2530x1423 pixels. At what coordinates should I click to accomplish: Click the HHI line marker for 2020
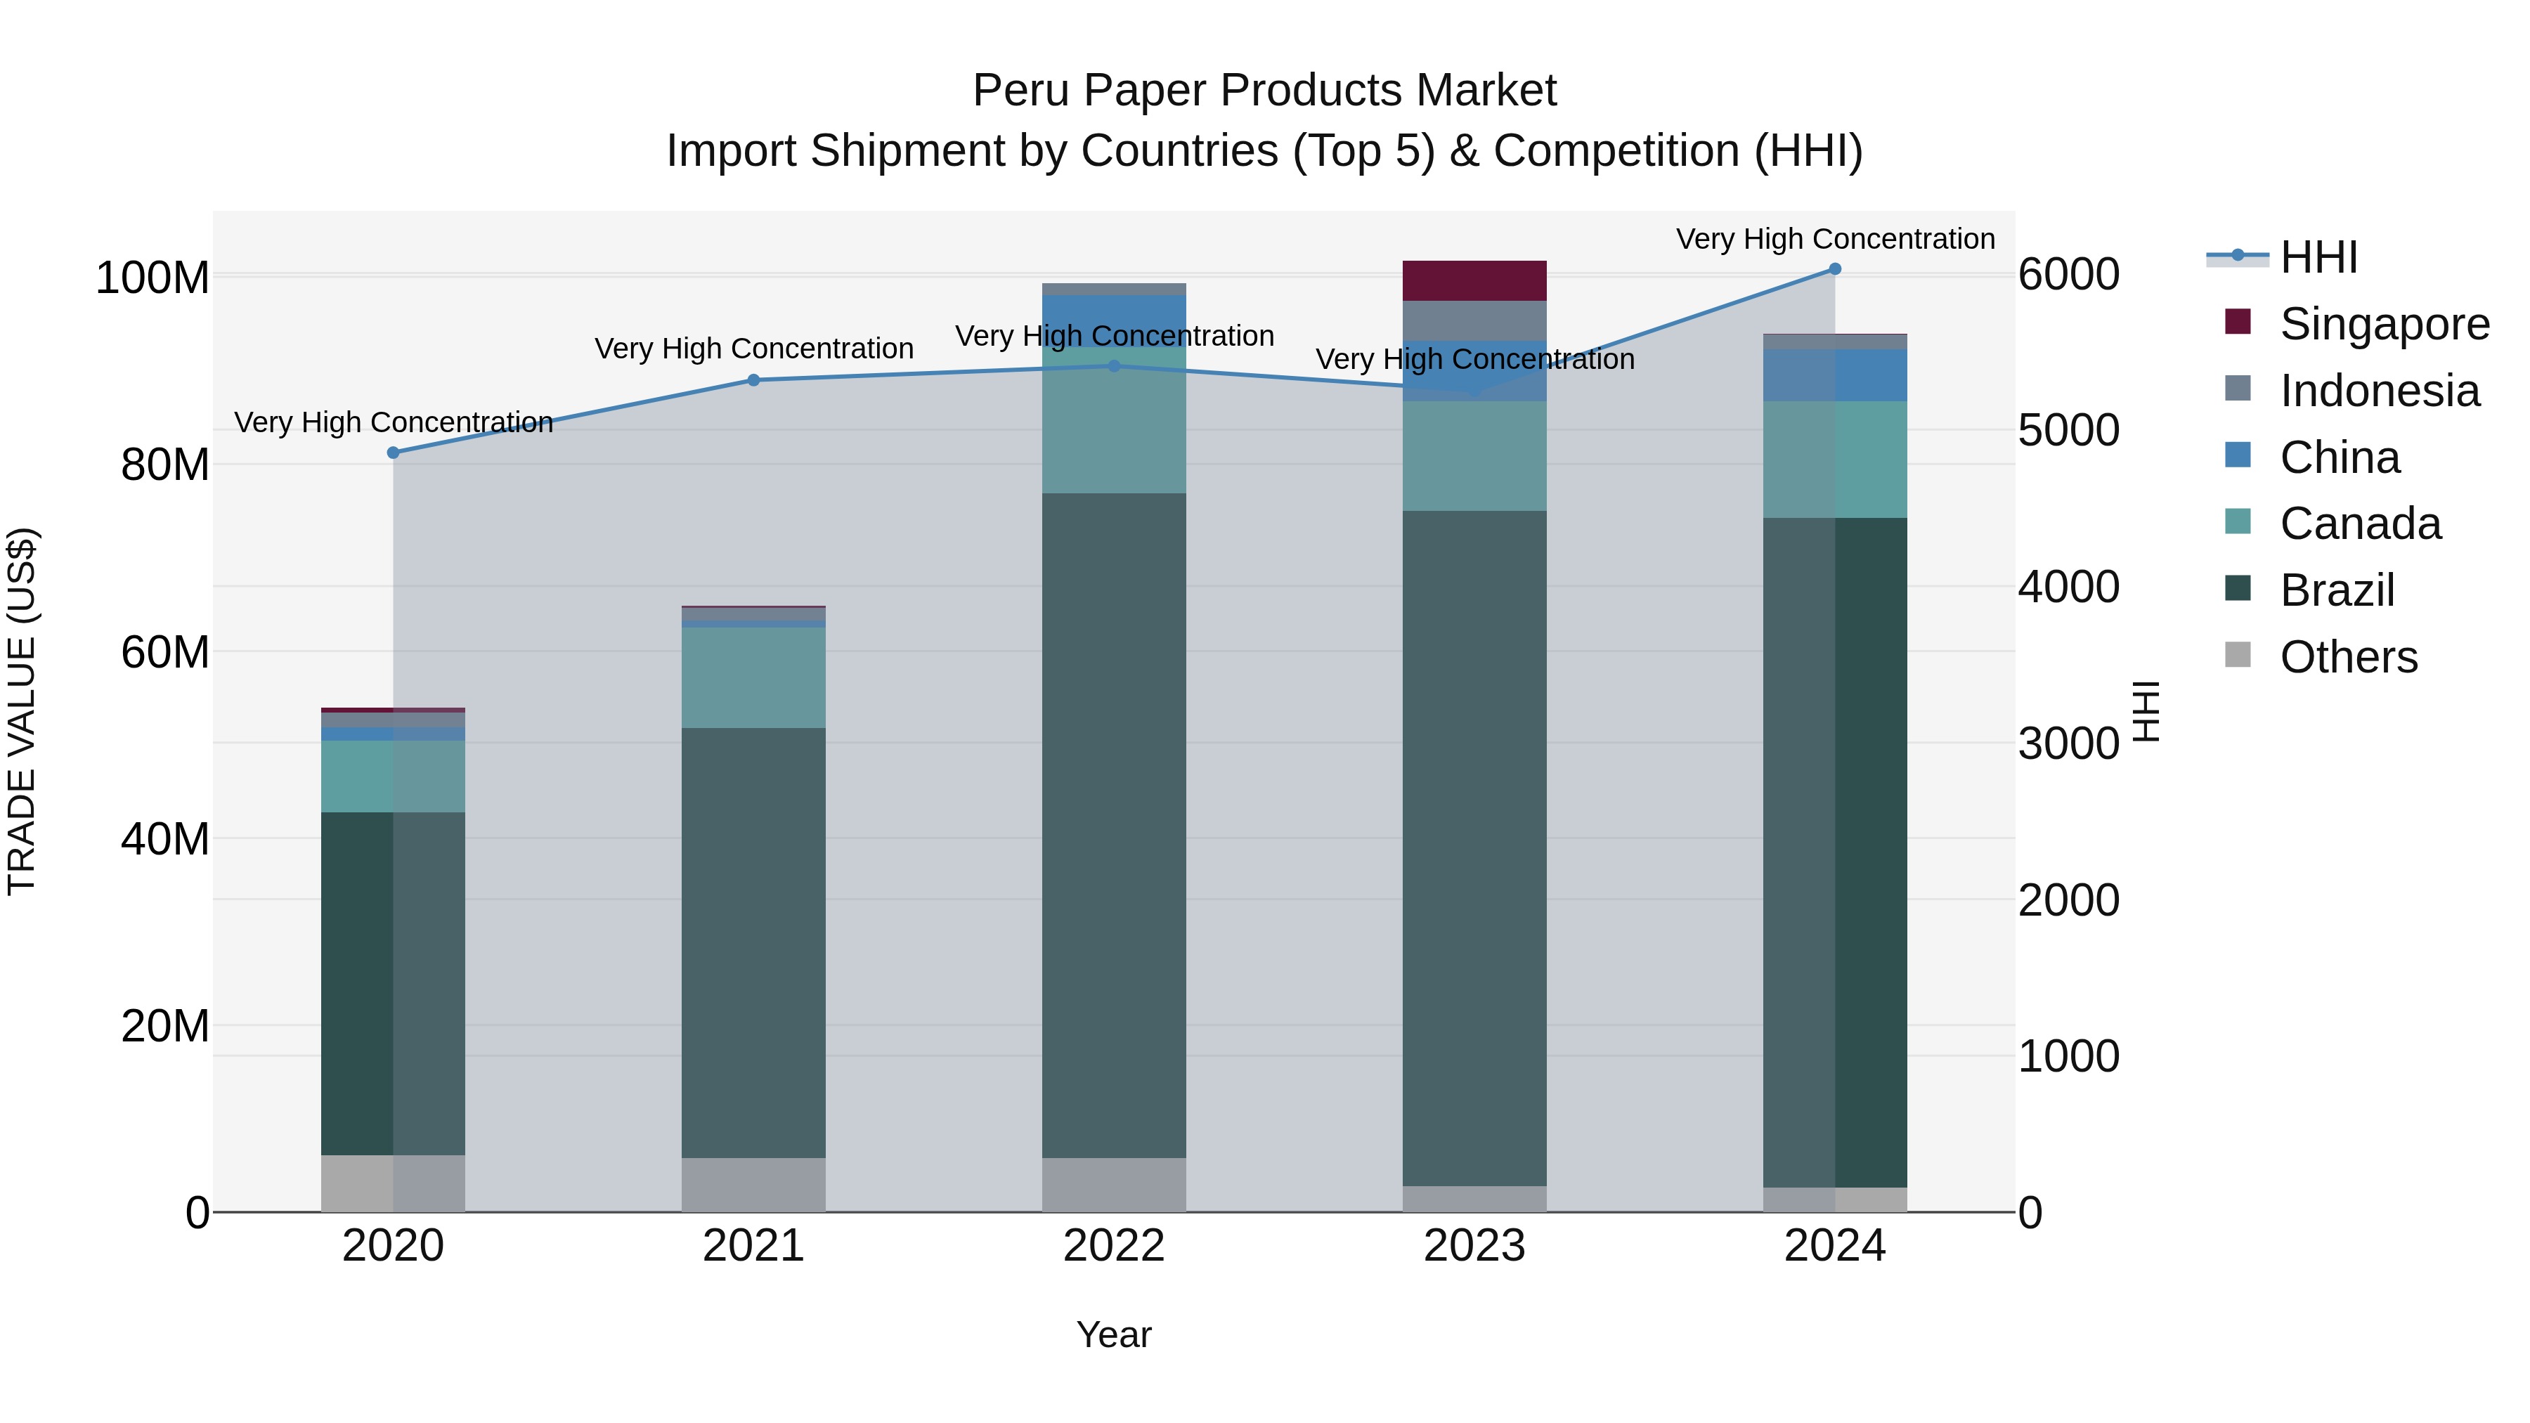click(393, 453)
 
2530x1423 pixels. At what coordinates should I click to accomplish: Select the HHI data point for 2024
click(1835, 269)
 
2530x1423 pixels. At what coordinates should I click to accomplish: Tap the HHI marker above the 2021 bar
click(753, 380)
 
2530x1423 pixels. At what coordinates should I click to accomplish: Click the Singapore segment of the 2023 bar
click(1474, 281)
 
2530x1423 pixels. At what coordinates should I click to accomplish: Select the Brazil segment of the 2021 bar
click(753, 943)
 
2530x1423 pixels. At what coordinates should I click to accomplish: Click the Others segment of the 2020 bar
click(393, 1183)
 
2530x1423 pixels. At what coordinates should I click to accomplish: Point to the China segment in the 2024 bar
click(1835, 375)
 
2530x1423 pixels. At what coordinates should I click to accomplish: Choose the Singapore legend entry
click(2384, 324)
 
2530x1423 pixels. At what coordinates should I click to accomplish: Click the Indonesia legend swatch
click(2238, 389)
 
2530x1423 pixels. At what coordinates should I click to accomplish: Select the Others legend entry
click(2347, 657)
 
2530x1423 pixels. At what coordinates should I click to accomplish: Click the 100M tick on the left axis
click(153, 278)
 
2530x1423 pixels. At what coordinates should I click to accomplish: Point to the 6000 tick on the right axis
click(2068, 274)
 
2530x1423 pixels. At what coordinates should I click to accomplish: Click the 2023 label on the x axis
click(1474, 1246)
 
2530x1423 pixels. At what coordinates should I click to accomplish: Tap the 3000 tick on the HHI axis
click(2068, 743)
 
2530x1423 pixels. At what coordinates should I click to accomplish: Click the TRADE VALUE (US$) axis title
click(22, 711)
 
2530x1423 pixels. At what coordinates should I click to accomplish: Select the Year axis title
click(1114, 1334)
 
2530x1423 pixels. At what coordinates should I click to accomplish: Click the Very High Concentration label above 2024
click(1835, 239)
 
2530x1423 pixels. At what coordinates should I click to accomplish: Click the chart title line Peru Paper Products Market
click(1264, 91)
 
